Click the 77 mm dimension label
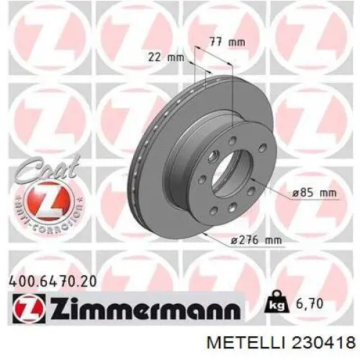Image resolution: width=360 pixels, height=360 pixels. point(228,42)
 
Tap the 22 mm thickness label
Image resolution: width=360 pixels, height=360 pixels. point(166,58)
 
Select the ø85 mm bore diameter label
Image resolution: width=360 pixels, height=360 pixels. point(314,193)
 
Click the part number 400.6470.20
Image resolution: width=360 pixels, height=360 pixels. point(53,282)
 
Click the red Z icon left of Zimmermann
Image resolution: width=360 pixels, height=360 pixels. point(30,309)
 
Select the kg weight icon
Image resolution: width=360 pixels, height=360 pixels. point(276,302)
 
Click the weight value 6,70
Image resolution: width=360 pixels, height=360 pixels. point(310,304)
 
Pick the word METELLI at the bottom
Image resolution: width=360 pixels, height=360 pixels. point(246,343)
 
